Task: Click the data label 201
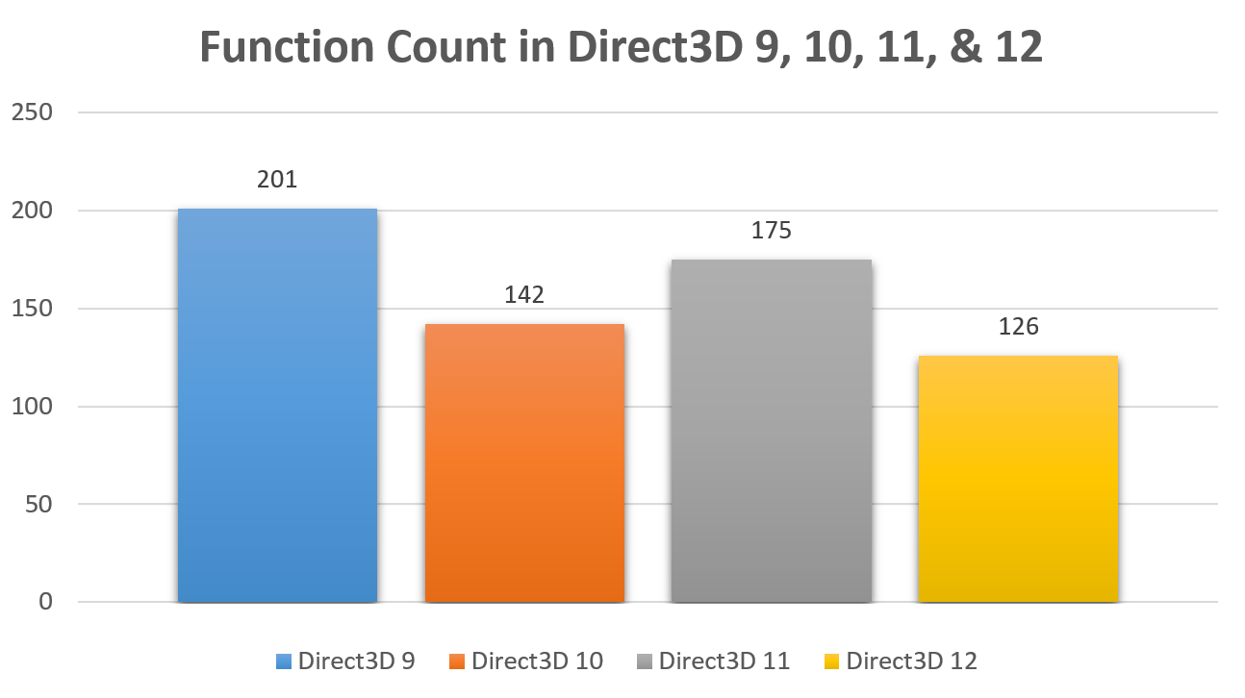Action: (277, 180)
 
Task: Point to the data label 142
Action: (524, 294)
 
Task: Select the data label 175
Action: (772, 231)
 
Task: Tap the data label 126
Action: (1018, 327)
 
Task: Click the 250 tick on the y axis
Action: (31, 112)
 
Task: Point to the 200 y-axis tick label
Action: (31, 211)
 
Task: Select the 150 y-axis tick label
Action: (31, 309)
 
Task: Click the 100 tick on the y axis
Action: (31, 407)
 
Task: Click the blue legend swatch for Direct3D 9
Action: (283, 661)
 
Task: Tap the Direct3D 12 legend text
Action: (911, 661)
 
